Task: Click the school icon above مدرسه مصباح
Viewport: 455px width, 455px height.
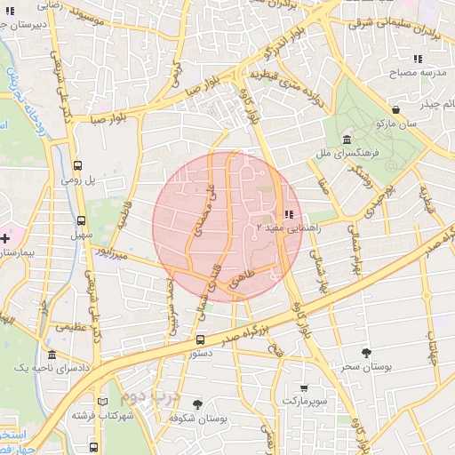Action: [417, 59]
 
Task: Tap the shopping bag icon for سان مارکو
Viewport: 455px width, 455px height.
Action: [395, 110]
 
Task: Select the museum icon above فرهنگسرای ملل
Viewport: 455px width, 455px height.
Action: [346, 140]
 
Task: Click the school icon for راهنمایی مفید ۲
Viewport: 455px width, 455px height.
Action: [288, 214]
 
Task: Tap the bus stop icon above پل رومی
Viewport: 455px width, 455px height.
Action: [77, 165]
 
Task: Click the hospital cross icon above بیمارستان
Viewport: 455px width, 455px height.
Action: [6, 238]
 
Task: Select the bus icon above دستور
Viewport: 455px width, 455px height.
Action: [200, 339]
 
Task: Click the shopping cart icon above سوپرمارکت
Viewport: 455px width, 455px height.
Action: [305, 387]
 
